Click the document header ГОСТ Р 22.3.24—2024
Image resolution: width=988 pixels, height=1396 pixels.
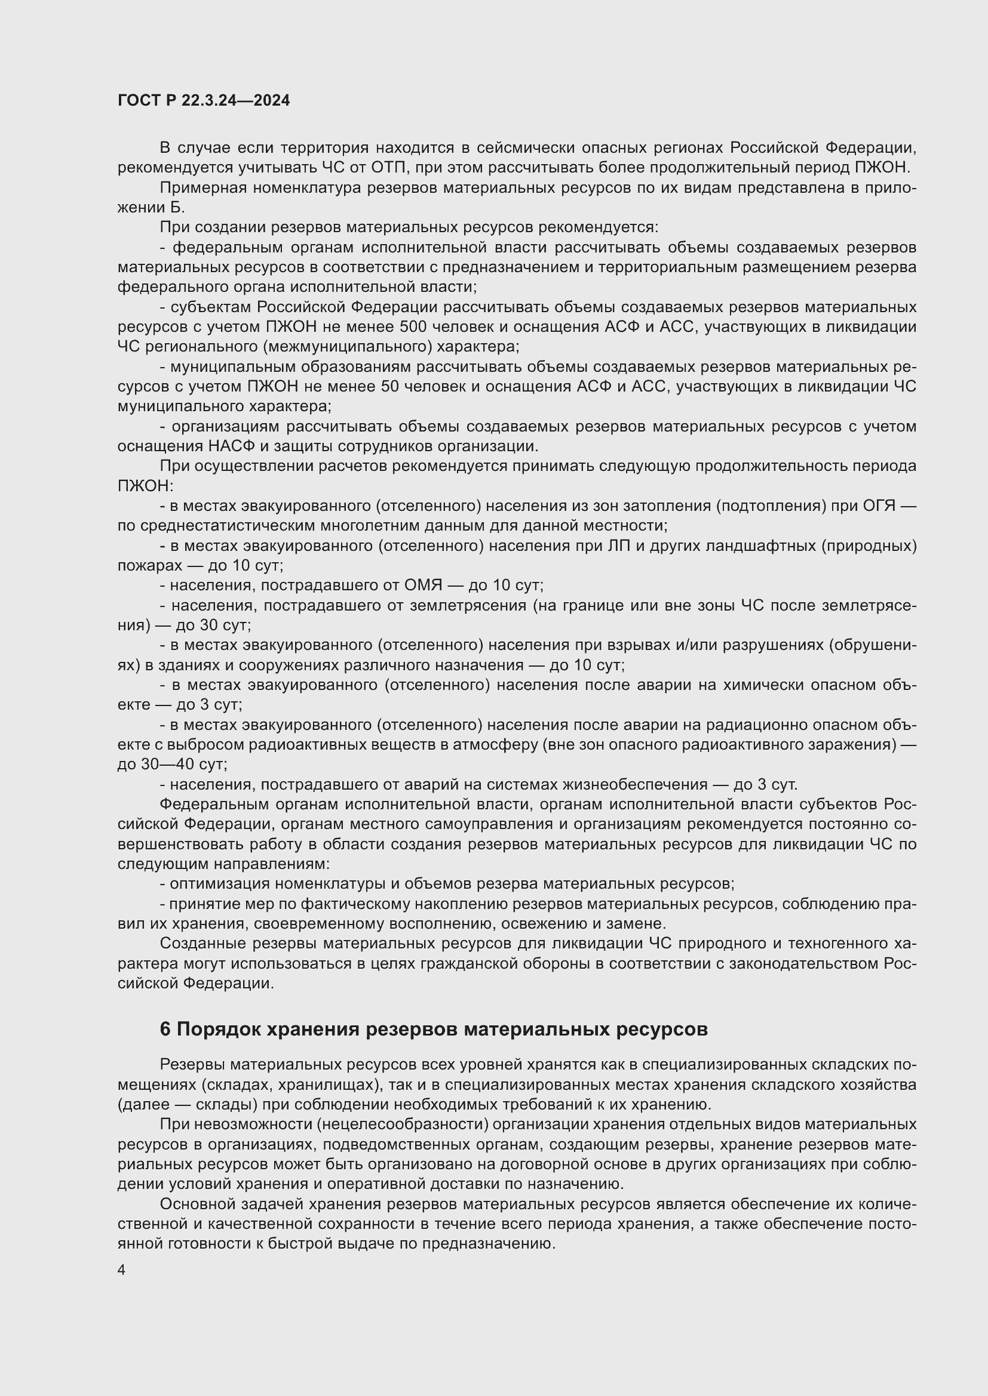[x=203, y=101]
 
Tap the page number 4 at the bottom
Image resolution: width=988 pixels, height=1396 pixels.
[x=122, y=1270]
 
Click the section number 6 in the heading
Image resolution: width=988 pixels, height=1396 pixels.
[x=165, y=1030]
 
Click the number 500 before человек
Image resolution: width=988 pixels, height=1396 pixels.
[x=413, y=327]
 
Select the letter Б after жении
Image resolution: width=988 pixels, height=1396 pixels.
[x=176, y=208]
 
